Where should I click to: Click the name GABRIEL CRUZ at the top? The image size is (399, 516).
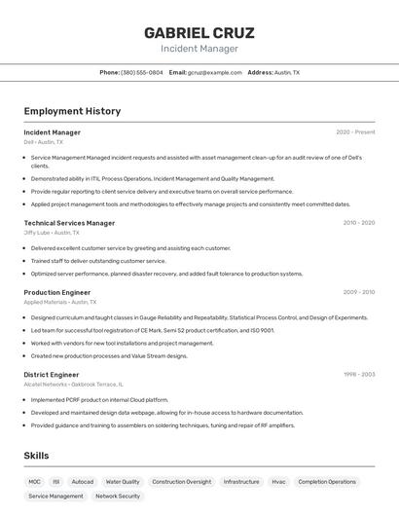[199, 32]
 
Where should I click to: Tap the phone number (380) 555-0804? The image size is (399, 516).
[141, 73]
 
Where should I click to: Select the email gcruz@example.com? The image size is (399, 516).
[214, 73]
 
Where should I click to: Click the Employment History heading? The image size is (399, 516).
[72, 111]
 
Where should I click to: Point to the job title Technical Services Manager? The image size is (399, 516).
[69, 223]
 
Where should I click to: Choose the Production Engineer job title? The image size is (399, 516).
[57, 292]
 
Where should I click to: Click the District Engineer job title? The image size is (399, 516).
[52, 375]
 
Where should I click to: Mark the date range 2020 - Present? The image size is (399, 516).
[355, 132]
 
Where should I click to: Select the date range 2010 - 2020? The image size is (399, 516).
[358, 223]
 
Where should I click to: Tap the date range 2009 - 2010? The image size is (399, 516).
[358, 292]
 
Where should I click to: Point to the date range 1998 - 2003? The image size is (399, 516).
[358, 375]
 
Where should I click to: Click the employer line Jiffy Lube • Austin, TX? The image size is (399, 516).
[53, 233]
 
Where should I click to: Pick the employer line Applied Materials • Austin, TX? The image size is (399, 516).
[59, 302]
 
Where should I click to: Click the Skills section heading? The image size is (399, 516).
[36, 456]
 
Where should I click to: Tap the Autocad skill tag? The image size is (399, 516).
[83, 482]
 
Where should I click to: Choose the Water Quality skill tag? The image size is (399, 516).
[123, 482]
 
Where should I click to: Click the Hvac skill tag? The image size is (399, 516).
[278, 482]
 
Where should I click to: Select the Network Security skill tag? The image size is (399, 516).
[118, 497]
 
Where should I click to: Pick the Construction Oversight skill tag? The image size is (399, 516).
[181, 482]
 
